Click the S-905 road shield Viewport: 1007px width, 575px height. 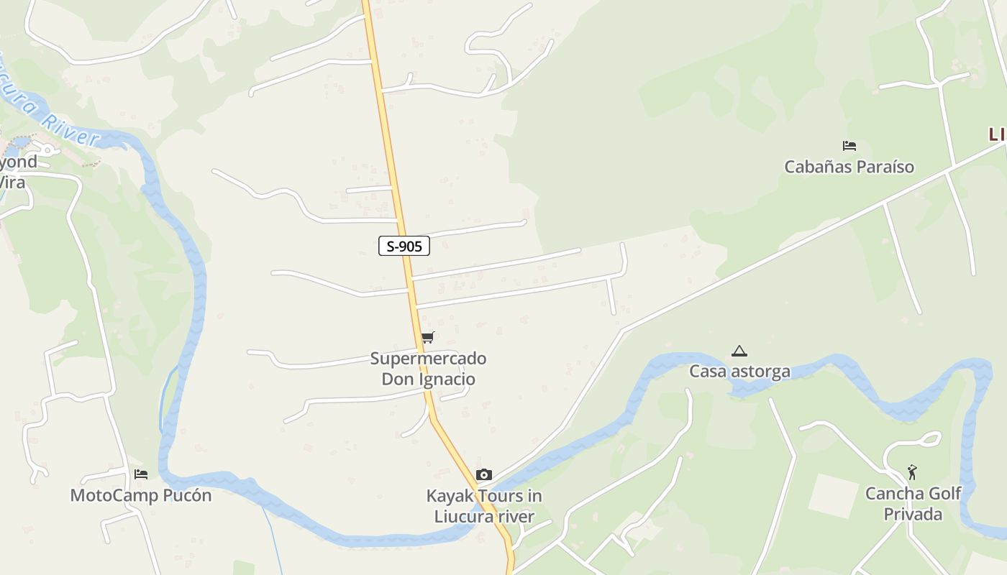[x=404, y=247]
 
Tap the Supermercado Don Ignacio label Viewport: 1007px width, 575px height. [x=428, y=369]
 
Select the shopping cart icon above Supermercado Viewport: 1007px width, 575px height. [x=428, y=337]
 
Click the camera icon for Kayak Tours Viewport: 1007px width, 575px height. [x=484, y=474]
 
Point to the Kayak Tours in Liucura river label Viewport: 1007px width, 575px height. [x=484, y=506]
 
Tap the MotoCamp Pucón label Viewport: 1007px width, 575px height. [x=141, y=495]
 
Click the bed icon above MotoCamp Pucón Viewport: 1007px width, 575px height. [x=141, y=474]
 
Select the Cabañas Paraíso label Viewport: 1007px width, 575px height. [x=849, y=167]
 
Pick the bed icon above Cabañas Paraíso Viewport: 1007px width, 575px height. [x=849, y=146]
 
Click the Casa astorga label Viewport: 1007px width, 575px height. [x=739, y=372]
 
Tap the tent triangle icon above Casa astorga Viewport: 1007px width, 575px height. [x=739, y=351]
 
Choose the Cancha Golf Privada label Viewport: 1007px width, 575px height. [x=913, y=504]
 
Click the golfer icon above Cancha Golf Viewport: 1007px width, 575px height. [x=912, y=472]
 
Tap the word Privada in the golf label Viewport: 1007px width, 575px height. [x=913, y=515]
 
